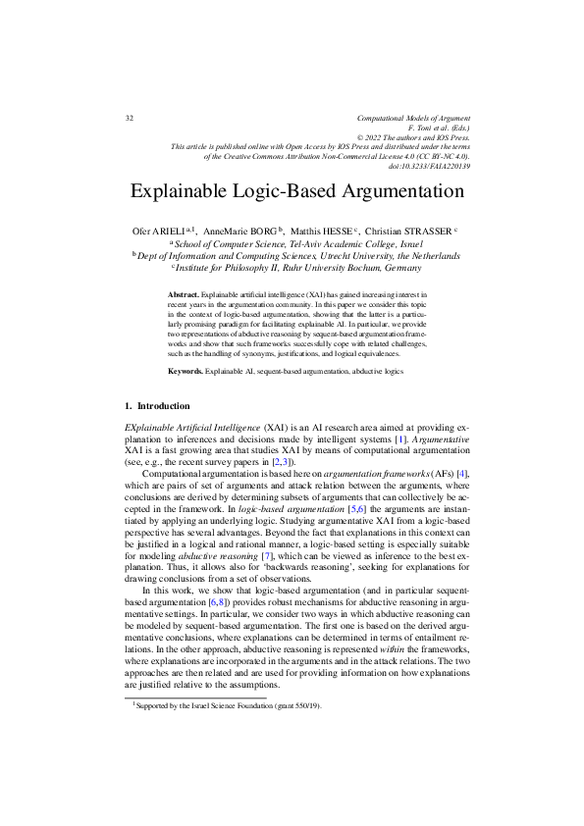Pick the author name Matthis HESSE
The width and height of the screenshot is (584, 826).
point(323,231)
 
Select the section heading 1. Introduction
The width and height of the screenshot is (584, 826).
point(158,405)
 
